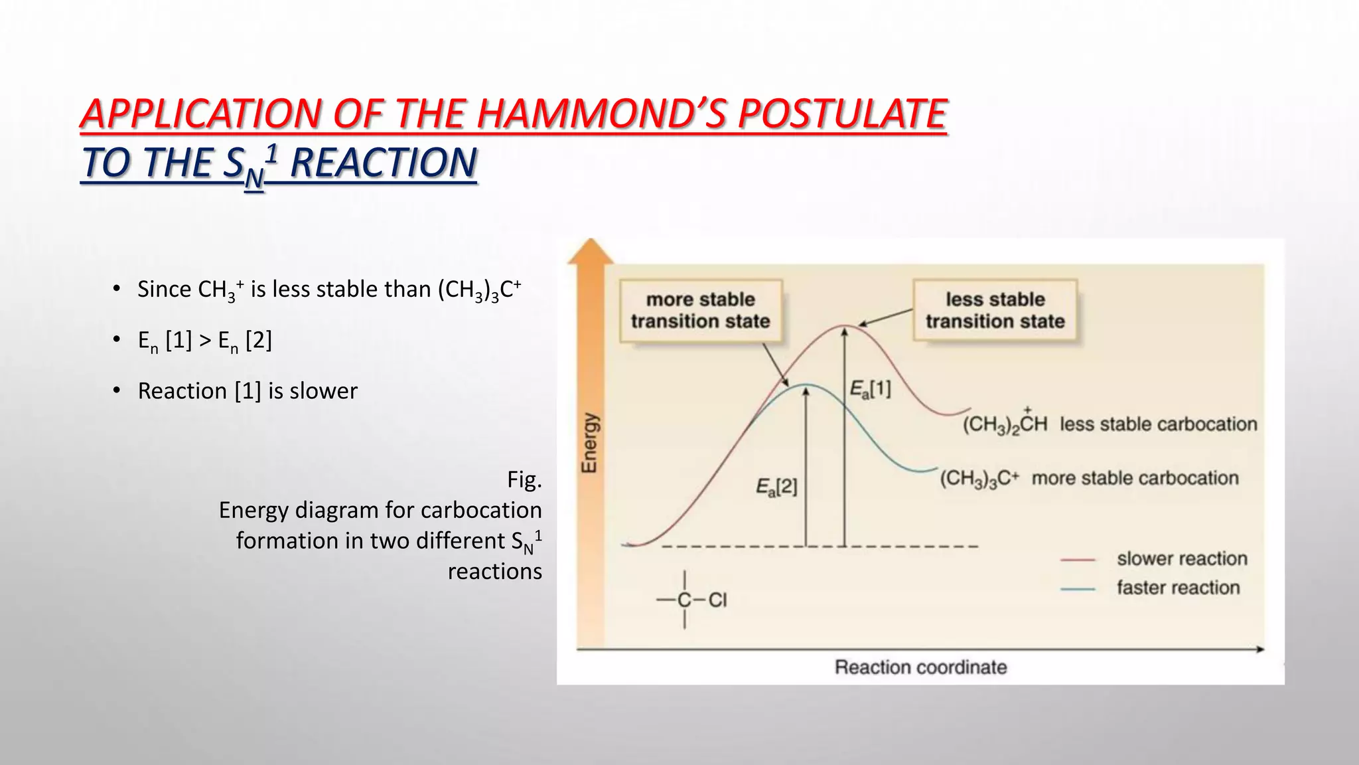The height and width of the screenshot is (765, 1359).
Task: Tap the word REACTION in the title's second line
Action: point(384,163)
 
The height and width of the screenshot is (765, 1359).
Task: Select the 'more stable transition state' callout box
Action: point(701,310)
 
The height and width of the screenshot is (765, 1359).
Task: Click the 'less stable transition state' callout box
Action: point(995,310)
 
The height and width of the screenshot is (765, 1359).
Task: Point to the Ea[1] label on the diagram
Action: point(871,389)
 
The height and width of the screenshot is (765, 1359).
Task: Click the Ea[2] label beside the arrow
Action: point(776,487)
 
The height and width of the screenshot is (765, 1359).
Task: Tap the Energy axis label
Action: point(589,443)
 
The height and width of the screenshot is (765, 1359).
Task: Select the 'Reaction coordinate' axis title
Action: point(920,667)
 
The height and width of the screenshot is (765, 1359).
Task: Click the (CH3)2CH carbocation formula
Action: point(1005,424)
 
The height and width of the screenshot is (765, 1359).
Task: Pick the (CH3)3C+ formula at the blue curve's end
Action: point(979,478)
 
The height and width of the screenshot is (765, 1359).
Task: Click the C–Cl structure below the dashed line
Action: point(691,600)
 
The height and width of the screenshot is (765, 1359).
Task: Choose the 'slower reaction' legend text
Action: point(1182,558)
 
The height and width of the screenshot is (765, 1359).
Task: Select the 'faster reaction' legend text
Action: point(1178,588)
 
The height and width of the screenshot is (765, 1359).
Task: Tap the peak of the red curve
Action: point(843,326)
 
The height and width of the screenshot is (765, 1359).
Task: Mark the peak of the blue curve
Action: point(806,385)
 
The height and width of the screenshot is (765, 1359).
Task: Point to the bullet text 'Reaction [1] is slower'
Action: point(248,390)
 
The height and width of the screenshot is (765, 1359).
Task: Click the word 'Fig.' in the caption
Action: point(524,479)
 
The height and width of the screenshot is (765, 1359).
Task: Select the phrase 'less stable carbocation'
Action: point(1158,424)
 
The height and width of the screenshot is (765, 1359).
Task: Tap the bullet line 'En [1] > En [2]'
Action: point(205,341)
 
